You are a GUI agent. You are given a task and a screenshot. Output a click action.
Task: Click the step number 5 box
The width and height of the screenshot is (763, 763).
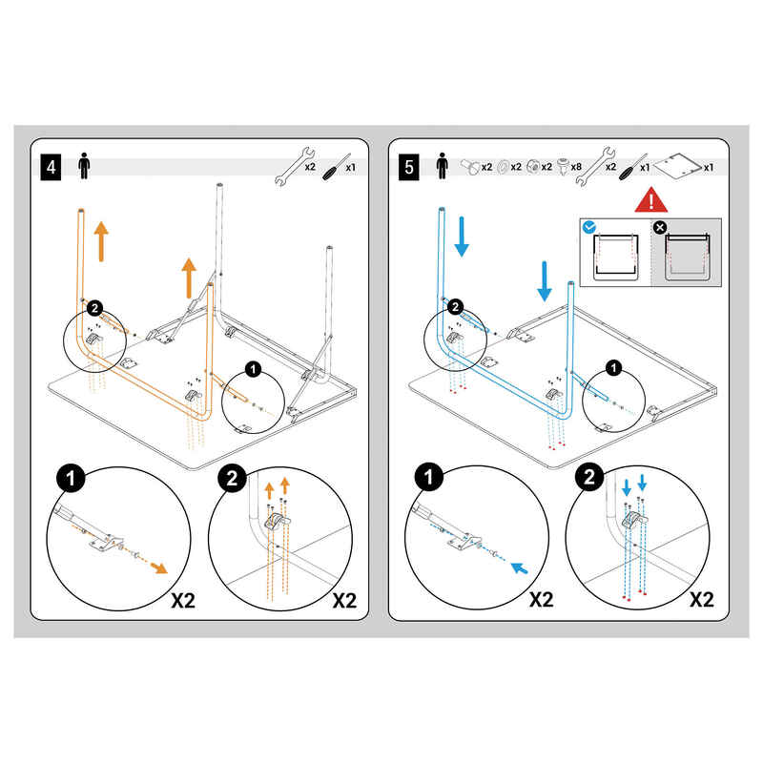pyautogui.click(x=409, y=169)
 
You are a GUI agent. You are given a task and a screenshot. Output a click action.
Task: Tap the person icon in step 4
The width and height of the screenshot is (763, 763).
pyautogui.click(x=84, y=165)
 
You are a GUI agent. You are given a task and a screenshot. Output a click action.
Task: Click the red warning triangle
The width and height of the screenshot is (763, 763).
pyautogui.click(x=652, y=201)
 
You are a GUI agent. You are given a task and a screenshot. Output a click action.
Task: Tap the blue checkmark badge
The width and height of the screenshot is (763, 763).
pyautogui.click(x=589, y=227)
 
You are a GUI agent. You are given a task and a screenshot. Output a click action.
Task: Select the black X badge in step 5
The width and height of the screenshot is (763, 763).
pyautogui.click(x=658, y=227)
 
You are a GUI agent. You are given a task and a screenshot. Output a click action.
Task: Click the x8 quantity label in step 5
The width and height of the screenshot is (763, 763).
pyautogui.click(x=576, y=167)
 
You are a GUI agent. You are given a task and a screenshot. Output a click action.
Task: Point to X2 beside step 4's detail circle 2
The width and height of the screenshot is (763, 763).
pyautogui.click(x=342, y=601)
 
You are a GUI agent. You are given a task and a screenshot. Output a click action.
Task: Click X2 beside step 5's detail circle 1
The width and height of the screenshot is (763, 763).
pyautogui.click(x=541, y=601)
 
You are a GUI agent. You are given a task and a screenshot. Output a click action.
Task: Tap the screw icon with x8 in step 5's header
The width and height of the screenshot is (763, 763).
pyautogui.click(x=562, y=166)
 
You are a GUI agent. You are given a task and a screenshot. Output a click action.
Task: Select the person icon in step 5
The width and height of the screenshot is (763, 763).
pyautogui.click(x=441, y=165)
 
